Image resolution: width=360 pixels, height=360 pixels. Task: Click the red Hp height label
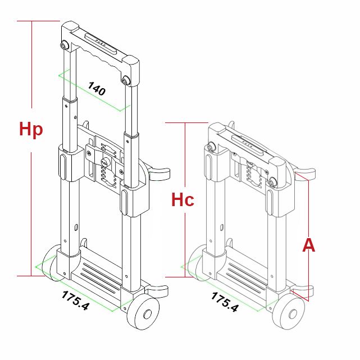pyautogui.click(x=31, y=129)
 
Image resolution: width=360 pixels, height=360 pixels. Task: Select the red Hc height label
pyautogui.click(x=183, y=200)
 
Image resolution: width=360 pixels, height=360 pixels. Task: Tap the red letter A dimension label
pyautogui.click(x=309, y=245)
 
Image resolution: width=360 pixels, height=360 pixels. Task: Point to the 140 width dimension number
pyautogui.click(x=97, y=88)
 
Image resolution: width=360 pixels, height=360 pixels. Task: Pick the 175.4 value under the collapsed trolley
pyautogui.click(x=225, y=302)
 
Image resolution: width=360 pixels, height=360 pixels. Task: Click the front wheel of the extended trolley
pyautogui.click(x=143, y=313)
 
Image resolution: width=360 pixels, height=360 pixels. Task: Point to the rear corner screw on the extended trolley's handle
pyautogui.click(x=65, y=44)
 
